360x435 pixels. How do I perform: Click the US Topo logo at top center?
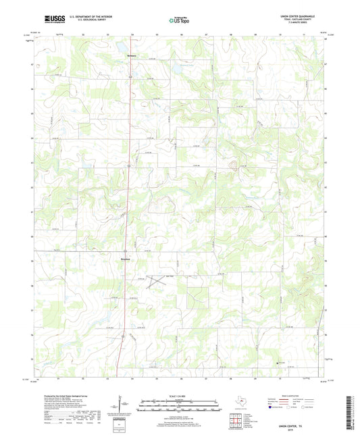180,21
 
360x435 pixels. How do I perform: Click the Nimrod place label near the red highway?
125,259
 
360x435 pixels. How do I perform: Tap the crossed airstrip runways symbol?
159,278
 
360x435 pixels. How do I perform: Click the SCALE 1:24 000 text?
180,395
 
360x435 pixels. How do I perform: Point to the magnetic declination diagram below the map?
122,405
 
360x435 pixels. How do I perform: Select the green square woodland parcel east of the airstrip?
198,297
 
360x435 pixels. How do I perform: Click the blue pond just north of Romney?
174,68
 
